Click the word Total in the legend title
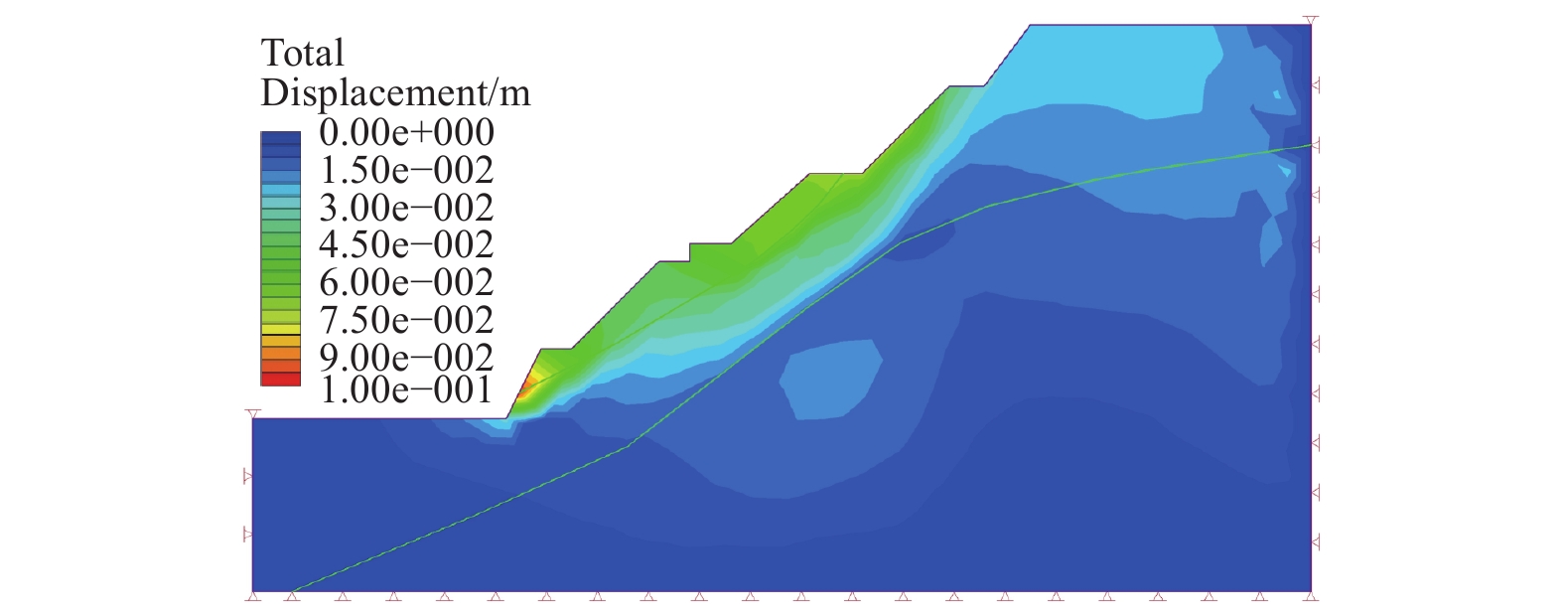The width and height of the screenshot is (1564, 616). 302,53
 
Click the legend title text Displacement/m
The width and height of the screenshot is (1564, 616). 395,92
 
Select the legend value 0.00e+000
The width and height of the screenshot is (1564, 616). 406,132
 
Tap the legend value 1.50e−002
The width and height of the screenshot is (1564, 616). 406,170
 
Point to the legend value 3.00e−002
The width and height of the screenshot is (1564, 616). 406,208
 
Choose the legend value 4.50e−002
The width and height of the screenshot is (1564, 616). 406,244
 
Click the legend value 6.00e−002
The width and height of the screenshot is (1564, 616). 406,282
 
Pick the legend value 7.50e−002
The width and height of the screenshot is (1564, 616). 406,320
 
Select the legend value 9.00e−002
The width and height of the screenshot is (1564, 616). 406,357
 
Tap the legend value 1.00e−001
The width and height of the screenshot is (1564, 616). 406,388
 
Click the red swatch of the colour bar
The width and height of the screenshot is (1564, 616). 280,379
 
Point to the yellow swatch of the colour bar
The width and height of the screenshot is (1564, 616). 280,329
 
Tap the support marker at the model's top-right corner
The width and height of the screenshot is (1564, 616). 1311,20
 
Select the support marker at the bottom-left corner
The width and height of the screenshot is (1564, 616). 253,596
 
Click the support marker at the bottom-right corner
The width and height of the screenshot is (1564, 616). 1311,596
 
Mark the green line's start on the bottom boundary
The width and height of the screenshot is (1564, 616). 292,592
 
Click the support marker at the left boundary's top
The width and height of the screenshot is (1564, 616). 253,413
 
